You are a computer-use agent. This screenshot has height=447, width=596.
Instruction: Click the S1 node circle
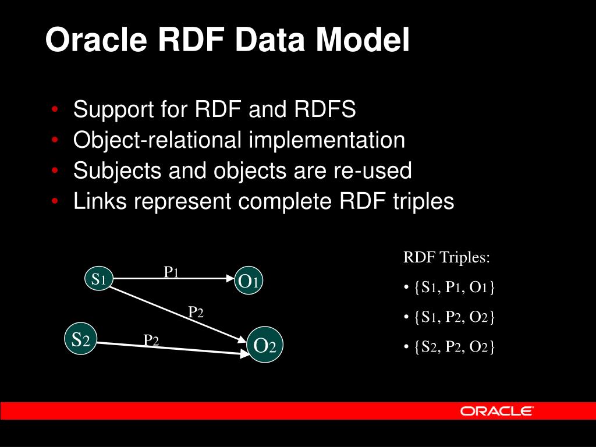(x=98, y=279)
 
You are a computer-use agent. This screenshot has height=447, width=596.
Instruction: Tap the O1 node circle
(x=248, y=282)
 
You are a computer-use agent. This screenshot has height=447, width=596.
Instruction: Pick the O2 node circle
(x=264, y=346)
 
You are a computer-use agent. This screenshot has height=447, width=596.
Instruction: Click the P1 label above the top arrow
(x=171, y=272)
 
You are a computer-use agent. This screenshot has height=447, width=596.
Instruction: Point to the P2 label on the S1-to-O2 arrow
(x=196, y=313)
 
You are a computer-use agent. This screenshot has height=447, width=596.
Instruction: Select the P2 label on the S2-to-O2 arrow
(x=151, y=340)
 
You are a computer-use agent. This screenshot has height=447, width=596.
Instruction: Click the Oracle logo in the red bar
(x=496, y=411)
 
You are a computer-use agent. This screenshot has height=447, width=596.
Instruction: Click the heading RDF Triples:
(x=447, y=258)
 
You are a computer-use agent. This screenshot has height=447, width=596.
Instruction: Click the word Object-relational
(x=157, y=140)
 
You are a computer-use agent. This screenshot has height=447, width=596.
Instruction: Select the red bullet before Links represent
(x=54, y=201)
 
